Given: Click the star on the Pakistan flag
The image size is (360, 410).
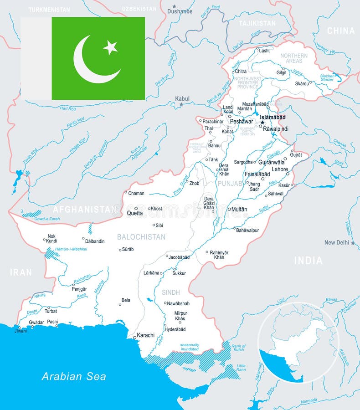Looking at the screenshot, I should pyautogui.click(x=110, y=47).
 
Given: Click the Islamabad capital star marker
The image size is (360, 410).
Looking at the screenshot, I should pyautogui.click(x=262, y=123).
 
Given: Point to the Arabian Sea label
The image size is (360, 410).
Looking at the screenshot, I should pyautogui.click(x=74, y=376).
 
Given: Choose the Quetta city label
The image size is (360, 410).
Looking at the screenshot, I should pyautogui.click(x=134, y=213).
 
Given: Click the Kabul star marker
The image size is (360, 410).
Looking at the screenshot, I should pyautogui.click(x=181, y=105).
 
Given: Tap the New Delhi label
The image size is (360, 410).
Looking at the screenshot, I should pyautogui.click(x=337, y=242).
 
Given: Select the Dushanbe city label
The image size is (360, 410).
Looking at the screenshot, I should pyautogui.click(x=180, y=11).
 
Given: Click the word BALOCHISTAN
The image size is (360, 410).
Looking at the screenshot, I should pyautogui.click(x=141, y=237).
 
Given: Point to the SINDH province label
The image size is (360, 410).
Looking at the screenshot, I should pyautogui.click(x=171, y=292).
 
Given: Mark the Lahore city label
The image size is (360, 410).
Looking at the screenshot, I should pyautogui.click(x=280, y=169).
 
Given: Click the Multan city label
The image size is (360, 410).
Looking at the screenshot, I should pyautogui.click(x=239, y=210).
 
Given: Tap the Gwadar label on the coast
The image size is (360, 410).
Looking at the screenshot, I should pyautogui.click(x=36, y=322).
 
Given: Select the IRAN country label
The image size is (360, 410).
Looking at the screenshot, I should pyautogui.click(x=21, y=272).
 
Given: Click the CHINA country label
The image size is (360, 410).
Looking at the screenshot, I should pyautogui.click(x=341, y=31).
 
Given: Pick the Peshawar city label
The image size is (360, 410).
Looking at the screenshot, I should pyautogui.click(x=242, y=122).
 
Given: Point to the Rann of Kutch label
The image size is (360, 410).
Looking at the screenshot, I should pyautogui.click(x=238, y=349).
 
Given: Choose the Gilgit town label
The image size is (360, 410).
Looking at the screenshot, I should pyautogui.click(x=282, y=73).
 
